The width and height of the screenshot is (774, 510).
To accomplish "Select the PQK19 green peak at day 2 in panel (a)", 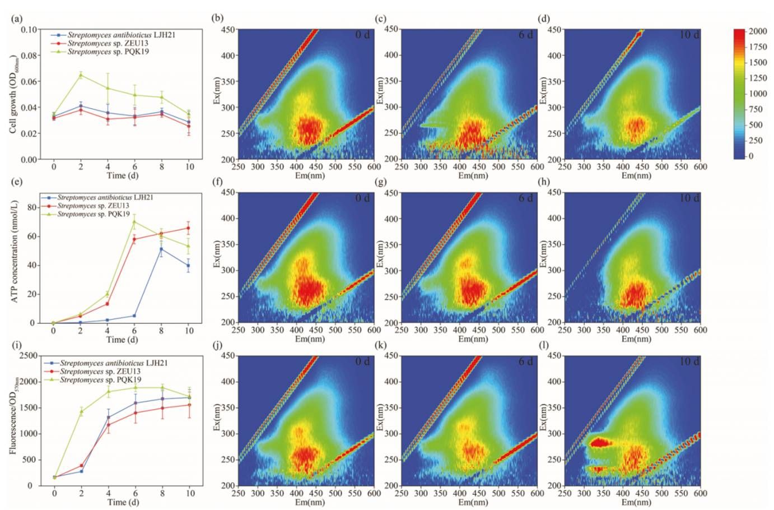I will (x=81, y=75).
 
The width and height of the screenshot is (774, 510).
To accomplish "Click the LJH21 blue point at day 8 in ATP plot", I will (x=162, y=249).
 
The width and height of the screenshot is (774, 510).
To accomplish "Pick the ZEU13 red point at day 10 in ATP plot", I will (x=189, y=228).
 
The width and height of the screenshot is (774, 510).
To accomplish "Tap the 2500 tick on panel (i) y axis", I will (x=28, y=356).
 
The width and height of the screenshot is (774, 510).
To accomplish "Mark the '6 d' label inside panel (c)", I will (x=525, y=35).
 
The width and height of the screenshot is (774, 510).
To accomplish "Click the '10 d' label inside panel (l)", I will (x=689, y=361).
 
